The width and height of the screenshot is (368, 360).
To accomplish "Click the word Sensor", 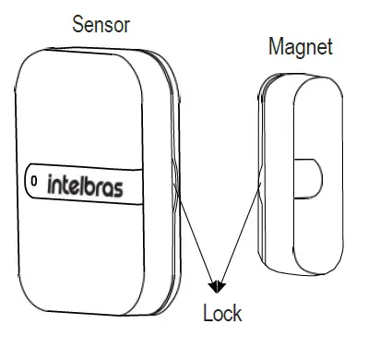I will coord(101,25).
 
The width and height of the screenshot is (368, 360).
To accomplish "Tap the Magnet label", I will coord(300,46).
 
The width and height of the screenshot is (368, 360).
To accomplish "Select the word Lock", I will coord(222,314).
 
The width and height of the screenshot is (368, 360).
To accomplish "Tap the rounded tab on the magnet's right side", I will coord(314,178).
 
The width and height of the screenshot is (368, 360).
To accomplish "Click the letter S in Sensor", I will coord(79,25).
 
